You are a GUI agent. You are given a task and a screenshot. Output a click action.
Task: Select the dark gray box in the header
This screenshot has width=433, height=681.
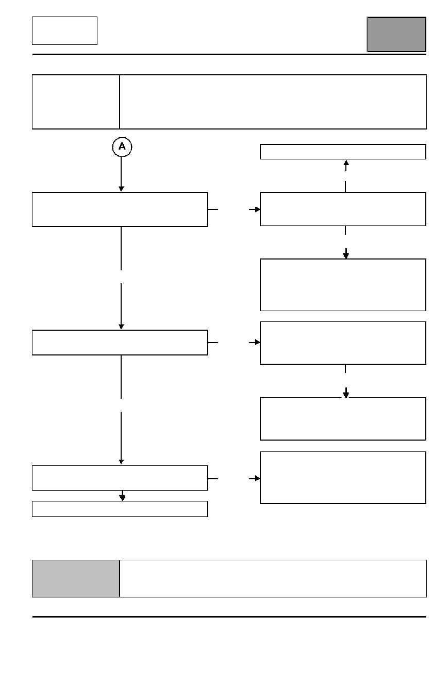[396, 35]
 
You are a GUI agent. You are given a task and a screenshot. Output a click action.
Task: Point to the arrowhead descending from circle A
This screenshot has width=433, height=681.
[121, 189]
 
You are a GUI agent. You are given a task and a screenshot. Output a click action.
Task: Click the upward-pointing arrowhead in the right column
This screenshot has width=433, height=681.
[346, 163]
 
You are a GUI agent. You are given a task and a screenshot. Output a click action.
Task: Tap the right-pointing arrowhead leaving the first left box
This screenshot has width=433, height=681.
[257, 209]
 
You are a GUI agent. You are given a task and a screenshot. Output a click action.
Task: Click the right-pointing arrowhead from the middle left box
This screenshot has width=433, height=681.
[257, 343]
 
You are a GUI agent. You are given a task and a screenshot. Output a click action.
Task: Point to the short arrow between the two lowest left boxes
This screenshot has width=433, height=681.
[123, 496]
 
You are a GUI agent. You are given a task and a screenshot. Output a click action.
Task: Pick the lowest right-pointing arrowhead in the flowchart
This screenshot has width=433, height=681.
[257, 479]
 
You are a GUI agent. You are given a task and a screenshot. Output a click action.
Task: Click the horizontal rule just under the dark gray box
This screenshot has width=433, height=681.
[229, 55]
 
